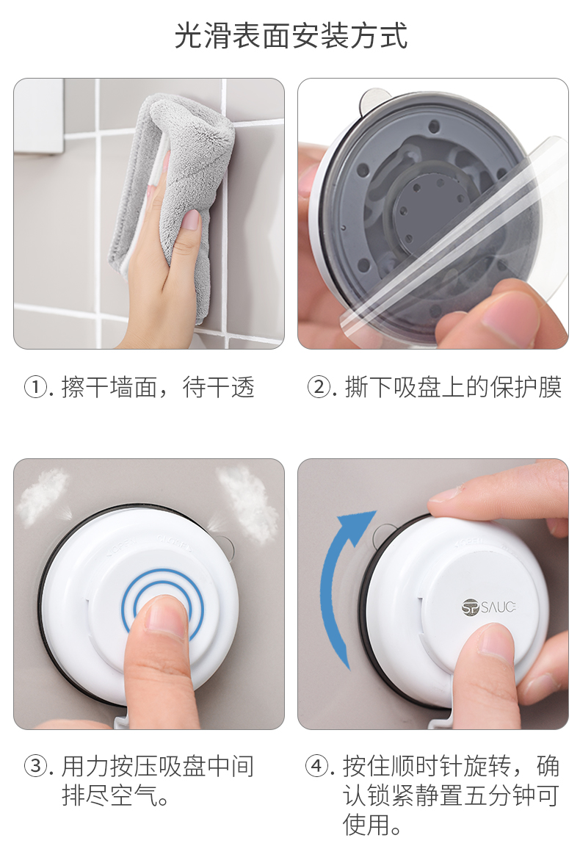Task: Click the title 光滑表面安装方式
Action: point(291,36)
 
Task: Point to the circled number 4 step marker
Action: point(318,766)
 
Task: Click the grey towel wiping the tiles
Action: point(173,178)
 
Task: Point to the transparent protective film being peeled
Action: point(454,244)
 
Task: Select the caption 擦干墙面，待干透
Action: point(158,388)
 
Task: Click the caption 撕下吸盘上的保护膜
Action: point(454,388)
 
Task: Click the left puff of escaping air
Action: point(43,496)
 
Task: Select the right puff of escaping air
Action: point(246,504)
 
